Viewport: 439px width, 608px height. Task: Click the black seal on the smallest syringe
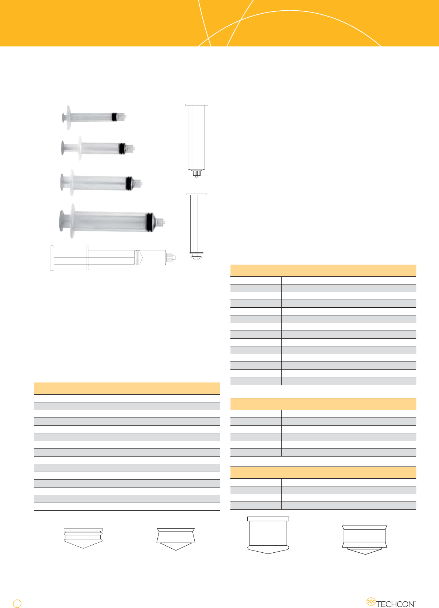coord(114,117)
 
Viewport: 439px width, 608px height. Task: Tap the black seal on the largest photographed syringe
coord(149,222)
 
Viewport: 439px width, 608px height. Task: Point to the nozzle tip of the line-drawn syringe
coord(171,257)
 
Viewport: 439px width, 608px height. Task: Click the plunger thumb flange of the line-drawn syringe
coord(52,258)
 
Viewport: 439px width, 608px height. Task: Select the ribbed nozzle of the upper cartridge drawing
coord(196,173)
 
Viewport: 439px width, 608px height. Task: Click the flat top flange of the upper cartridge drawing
coord(196,105)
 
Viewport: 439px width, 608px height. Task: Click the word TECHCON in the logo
coord(395,604)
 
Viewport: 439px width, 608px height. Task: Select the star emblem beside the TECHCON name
coord(371,601)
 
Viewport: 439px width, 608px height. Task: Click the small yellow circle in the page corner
coord(17,603)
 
